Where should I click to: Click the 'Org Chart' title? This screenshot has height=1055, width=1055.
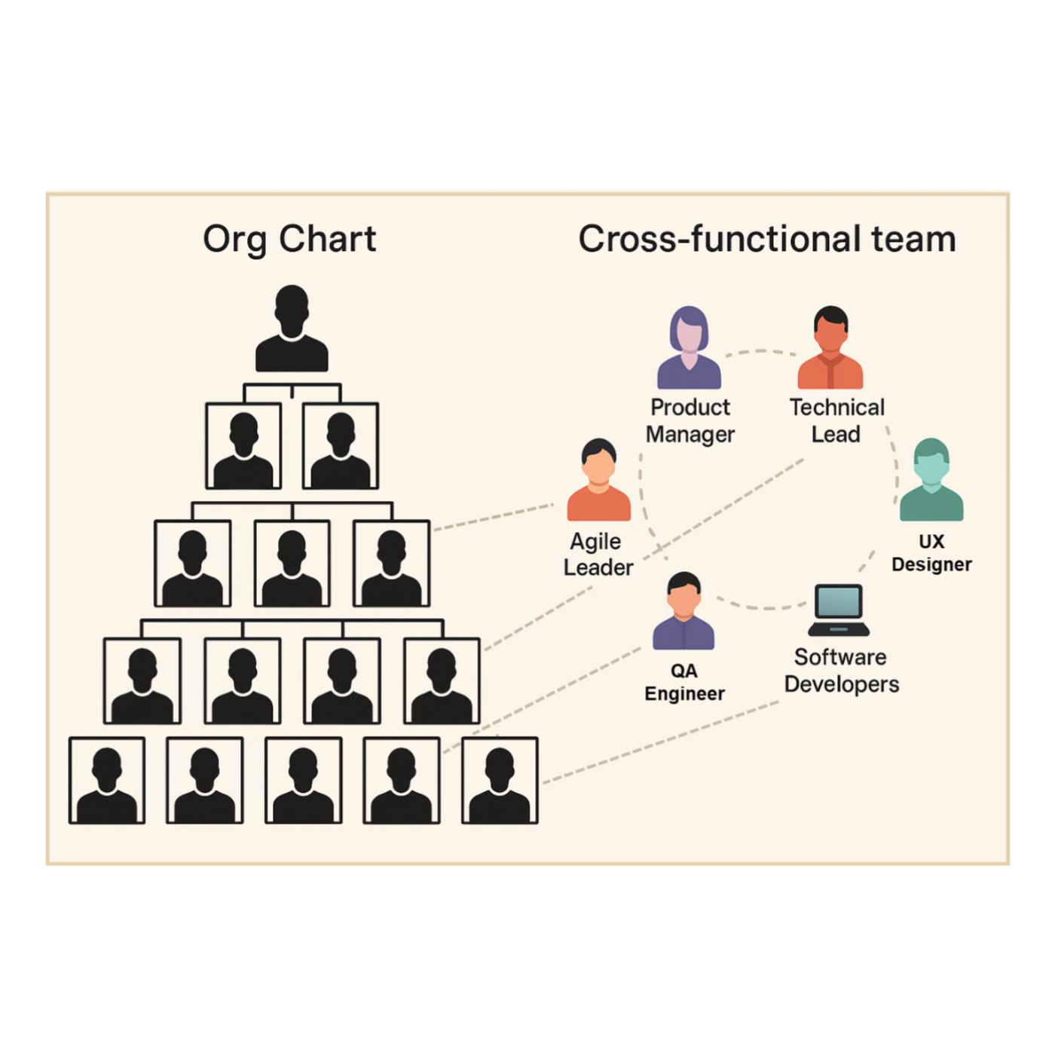289,240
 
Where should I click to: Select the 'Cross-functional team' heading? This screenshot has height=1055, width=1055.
766,240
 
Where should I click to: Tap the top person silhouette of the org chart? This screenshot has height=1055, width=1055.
292,329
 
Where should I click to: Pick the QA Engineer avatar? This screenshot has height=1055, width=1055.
683,611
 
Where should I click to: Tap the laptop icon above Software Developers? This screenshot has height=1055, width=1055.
839,610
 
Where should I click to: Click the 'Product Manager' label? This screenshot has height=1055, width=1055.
690,420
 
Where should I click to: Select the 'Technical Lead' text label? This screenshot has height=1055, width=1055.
836,420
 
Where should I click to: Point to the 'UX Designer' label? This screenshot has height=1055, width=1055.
931,552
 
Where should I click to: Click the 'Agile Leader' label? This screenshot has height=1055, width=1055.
598,554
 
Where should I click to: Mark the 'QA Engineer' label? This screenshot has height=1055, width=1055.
684,682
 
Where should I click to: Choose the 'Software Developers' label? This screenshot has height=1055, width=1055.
841,671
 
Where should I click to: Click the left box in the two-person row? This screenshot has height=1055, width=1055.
243,446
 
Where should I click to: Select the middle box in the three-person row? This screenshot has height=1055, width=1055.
292,564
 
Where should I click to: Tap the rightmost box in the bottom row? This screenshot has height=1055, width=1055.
500,781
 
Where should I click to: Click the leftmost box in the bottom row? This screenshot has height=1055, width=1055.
107,781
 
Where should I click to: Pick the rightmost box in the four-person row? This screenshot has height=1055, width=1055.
442,681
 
